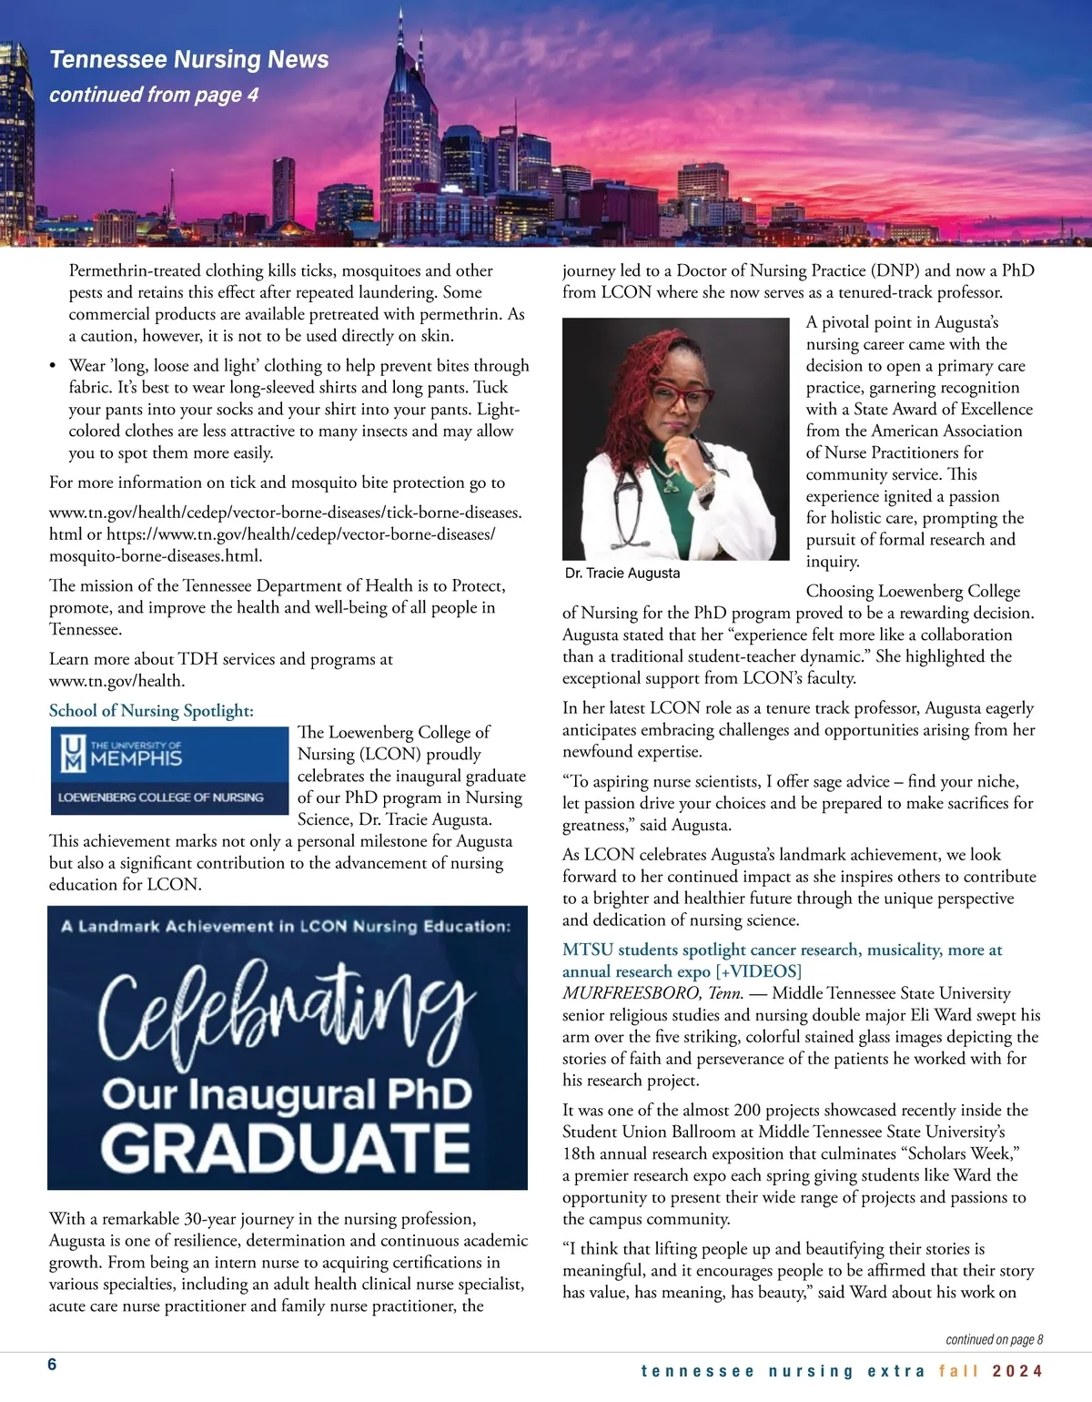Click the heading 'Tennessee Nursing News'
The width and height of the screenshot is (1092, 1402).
(188, 60)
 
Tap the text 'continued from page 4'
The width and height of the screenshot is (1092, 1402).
(154, 95)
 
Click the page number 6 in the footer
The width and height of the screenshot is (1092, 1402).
(53, 1364)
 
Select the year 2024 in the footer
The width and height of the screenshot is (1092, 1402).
(1017, 1371)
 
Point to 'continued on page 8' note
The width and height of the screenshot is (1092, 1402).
(994, 1339)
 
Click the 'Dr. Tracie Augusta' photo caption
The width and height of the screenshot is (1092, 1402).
(622, 573)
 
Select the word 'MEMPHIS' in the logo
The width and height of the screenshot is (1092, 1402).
(136, 758)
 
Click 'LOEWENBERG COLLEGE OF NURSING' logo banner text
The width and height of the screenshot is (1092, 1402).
(161, 798)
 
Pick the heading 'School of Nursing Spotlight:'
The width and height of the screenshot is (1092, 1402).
(151, 711)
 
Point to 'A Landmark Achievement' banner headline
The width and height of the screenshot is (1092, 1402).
(286, 927)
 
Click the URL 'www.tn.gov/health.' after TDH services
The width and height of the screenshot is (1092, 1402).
(116, 681)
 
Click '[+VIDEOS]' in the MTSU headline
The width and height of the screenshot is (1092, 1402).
(758, 971)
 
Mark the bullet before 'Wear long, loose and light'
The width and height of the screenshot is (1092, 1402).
(54, 366)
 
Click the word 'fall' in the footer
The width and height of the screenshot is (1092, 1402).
(959, 1371)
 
